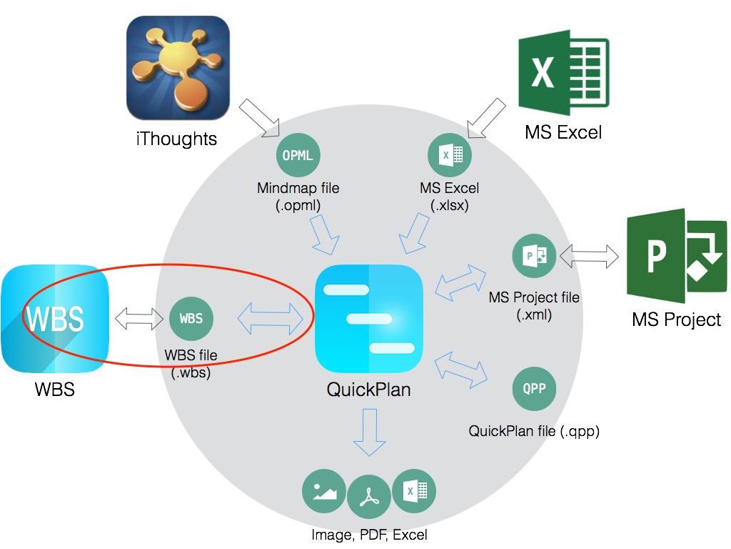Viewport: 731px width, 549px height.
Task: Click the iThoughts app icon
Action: (x=178, y=68)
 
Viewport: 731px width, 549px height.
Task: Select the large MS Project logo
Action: (x=676, y=257)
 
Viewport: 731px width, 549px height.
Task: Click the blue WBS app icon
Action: (x=55, y=319)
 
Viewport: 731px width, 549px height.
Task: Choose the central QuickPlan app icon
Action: (x=369, y=319)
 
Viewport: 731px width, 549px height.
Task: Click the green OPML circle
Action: (x=298, y=155)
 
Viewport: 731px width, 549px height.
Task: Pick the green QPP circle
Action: (x=534, y=389)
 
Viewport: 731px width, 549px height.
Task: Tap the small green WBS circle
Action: (x=191, y=319)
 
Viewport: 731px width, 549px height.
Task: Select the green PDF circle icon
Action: (x=369, y=498)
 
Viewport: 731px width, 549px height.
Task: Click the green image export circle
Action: (x=325, y=491)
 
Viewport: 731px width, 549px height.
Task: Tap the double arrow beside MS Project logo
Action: (x=590, y=256)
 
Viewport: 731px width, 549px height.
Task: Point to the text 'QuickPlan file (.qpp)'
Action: (x=534, y=431)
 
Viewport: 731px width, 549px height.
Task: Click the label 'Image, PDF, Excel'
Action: (x=369, y=534)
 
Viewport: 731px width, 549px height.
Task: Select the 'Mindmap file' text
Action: (x=298, y=189)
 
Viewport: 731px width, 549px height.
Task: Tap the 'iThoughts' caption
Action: (x=176, y=138)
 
